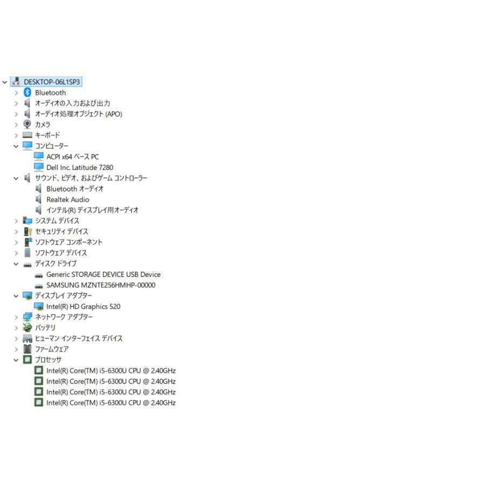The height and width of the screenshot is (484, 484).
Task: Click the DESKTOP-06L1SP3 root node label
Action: pos(52,82)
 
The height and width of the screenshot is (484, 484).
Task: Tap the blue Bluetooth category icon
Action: pos(27,92)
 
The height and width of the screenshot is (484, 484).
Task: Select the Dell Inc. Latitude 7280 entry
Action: pos(80,167)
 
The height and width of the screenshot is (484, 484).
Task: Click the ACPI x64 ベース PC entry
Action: pos(73,157)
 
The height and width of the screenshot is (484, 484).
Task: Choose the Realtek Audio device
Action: pos(68,200)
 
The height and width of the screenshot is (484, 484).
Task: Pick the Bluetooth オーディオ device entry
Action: pos(75,189)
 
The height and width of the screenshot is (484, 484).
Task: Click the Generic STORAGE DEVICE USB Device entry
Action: pos(103,274)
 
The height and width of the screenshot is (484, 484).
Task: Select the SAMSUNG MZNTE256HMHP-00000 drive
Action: pos(101,285)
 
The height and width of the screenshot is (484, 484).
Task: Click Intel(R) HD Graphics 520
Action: pos(83,307)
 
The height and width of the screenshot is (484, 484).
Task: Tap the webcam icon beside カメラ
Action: pos(27,124)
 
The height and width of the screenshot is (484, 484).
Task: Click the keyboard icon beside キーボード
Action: pos(27,135)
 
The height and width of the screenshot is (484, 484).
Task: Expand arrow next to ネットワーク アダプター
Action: pos(16,317)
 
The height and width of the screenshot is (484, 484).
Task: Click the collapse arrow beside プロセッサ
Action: pos(16,360)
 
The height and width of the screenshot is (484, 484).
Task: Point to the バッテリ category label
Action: pos(45,328)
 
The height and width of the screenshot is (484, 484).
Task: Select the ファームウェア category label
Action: pos(52,349)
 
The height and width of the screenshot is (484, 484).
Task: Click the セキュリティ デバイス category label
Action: pos(61,231)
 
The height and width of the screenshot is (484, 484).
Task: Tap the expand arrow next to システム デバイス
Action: pos(16,221)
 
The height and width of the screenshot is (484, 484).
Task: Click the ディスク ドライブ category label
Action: pos(55,264)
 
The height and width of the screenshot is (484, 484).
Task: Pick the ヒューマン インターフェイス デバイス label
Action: pos(79,338)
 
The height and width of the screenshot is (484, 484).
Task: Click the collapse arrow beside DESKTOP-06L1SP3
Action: pos(5,82)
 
